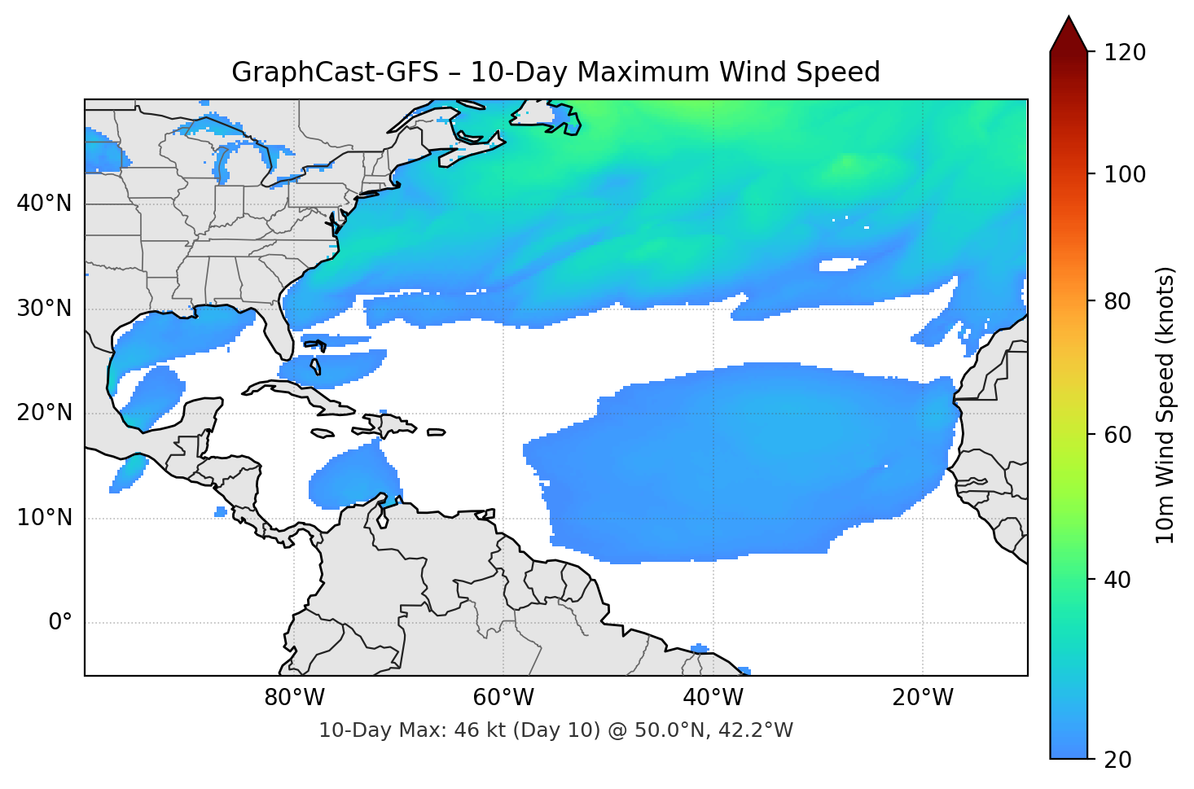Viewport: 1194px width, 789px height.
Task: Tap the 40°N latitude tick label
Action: [44, 204]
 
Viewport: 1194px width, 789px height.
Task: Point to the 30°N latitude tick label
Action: [44, 309]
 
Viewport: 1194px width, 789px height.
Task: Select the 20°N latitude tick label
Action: [44, 413]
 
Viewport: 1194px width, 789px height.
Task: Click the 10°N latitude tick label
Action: [44, 518]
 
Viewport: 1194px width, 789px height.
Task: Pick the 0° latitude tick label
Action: [60, 623]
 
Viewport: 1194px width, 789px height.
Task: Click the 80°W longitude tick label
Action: [294, 698]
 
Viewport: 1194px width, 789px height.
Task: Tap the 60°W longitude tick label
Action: [503, 698]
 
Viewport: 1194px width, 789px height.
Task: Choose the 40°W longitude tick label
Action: [713, 698]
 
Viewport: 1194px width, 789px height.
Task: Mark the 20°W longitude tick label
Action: [922, 698]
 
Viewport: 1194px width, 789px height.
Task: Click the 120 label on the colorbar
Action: [1124, 53]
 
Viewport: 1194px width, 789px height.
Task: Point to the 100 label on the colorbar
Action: [1124, 174]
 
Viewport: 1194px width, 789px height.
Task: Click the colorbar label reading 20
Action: [1116, 760]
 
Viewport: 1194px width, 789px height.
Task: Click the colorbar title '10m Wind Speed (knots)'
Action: [1165, 405]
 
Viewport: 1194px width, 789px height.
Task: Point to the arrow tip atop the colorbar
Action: [1069, 18]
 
